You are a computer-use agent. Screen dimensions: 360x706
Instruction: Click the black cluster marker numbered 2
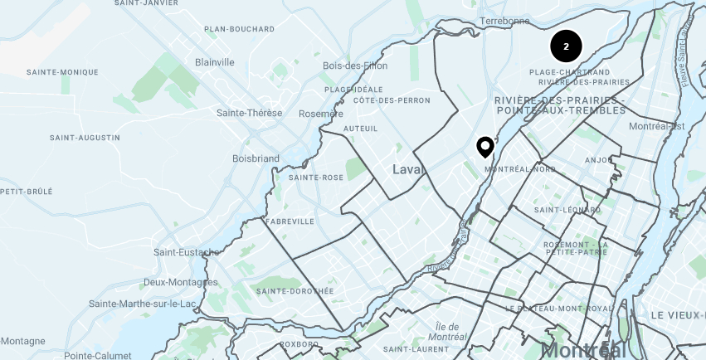pyautogui.click(x=566, y=46)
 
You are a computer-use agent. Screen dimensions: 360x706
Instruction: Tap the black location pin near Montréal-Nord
pyautogui.click(x=485, y=147)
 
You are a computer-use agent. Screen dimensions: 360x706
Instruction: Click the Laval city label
pyautogui.click(x=408, y=169)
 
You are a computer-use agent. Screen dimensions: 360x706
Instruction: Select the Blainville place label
pyautogui.click(x=215, y=62)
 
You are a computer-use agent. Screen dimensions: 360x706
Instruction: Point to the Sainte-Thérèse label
pyautogui.click(x=249, y=113)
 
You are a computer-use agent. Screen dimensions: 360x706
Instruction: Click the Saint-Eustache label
pyautogui.click(x=187, y=251)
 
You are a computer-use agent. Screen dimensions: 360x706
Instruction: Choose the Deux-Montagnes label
pyautogui.click(x=180, y=282)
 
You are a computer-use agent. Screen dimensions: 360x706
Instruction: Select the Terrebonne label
pyautogui.click(x=504, y=21)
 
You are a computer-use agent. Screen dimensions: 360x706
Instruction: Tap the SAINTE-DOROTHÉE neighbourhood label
pyautogui.click(x=295, y=291)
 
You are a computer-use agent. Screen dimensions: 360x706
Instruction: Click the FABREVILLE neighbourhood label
pyautogui.click(x=290, y=221)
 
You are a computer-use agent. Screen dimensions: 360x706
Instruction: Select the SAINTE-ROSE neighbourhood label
pyautogui.click(x=316, y=178)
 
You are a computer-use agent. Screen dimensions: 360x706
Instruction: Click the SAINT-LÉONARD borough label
pyautogui.click(x=568, y=210)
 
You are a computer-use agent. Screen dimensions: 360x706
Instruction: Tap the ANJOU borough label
pyautogui.click(x=598, y=160)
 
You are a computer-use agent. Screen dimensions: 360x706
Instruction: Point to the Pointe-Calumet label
pyautogui.click(x=98, y=355)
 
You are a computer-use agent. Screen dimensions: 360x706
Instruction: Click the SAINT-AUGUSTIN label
pyautogui.click(x=85, y=137)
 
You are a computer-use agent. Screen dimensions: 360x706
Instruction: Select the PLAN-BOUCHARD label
pyautogui.click(x=240, y=29)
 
